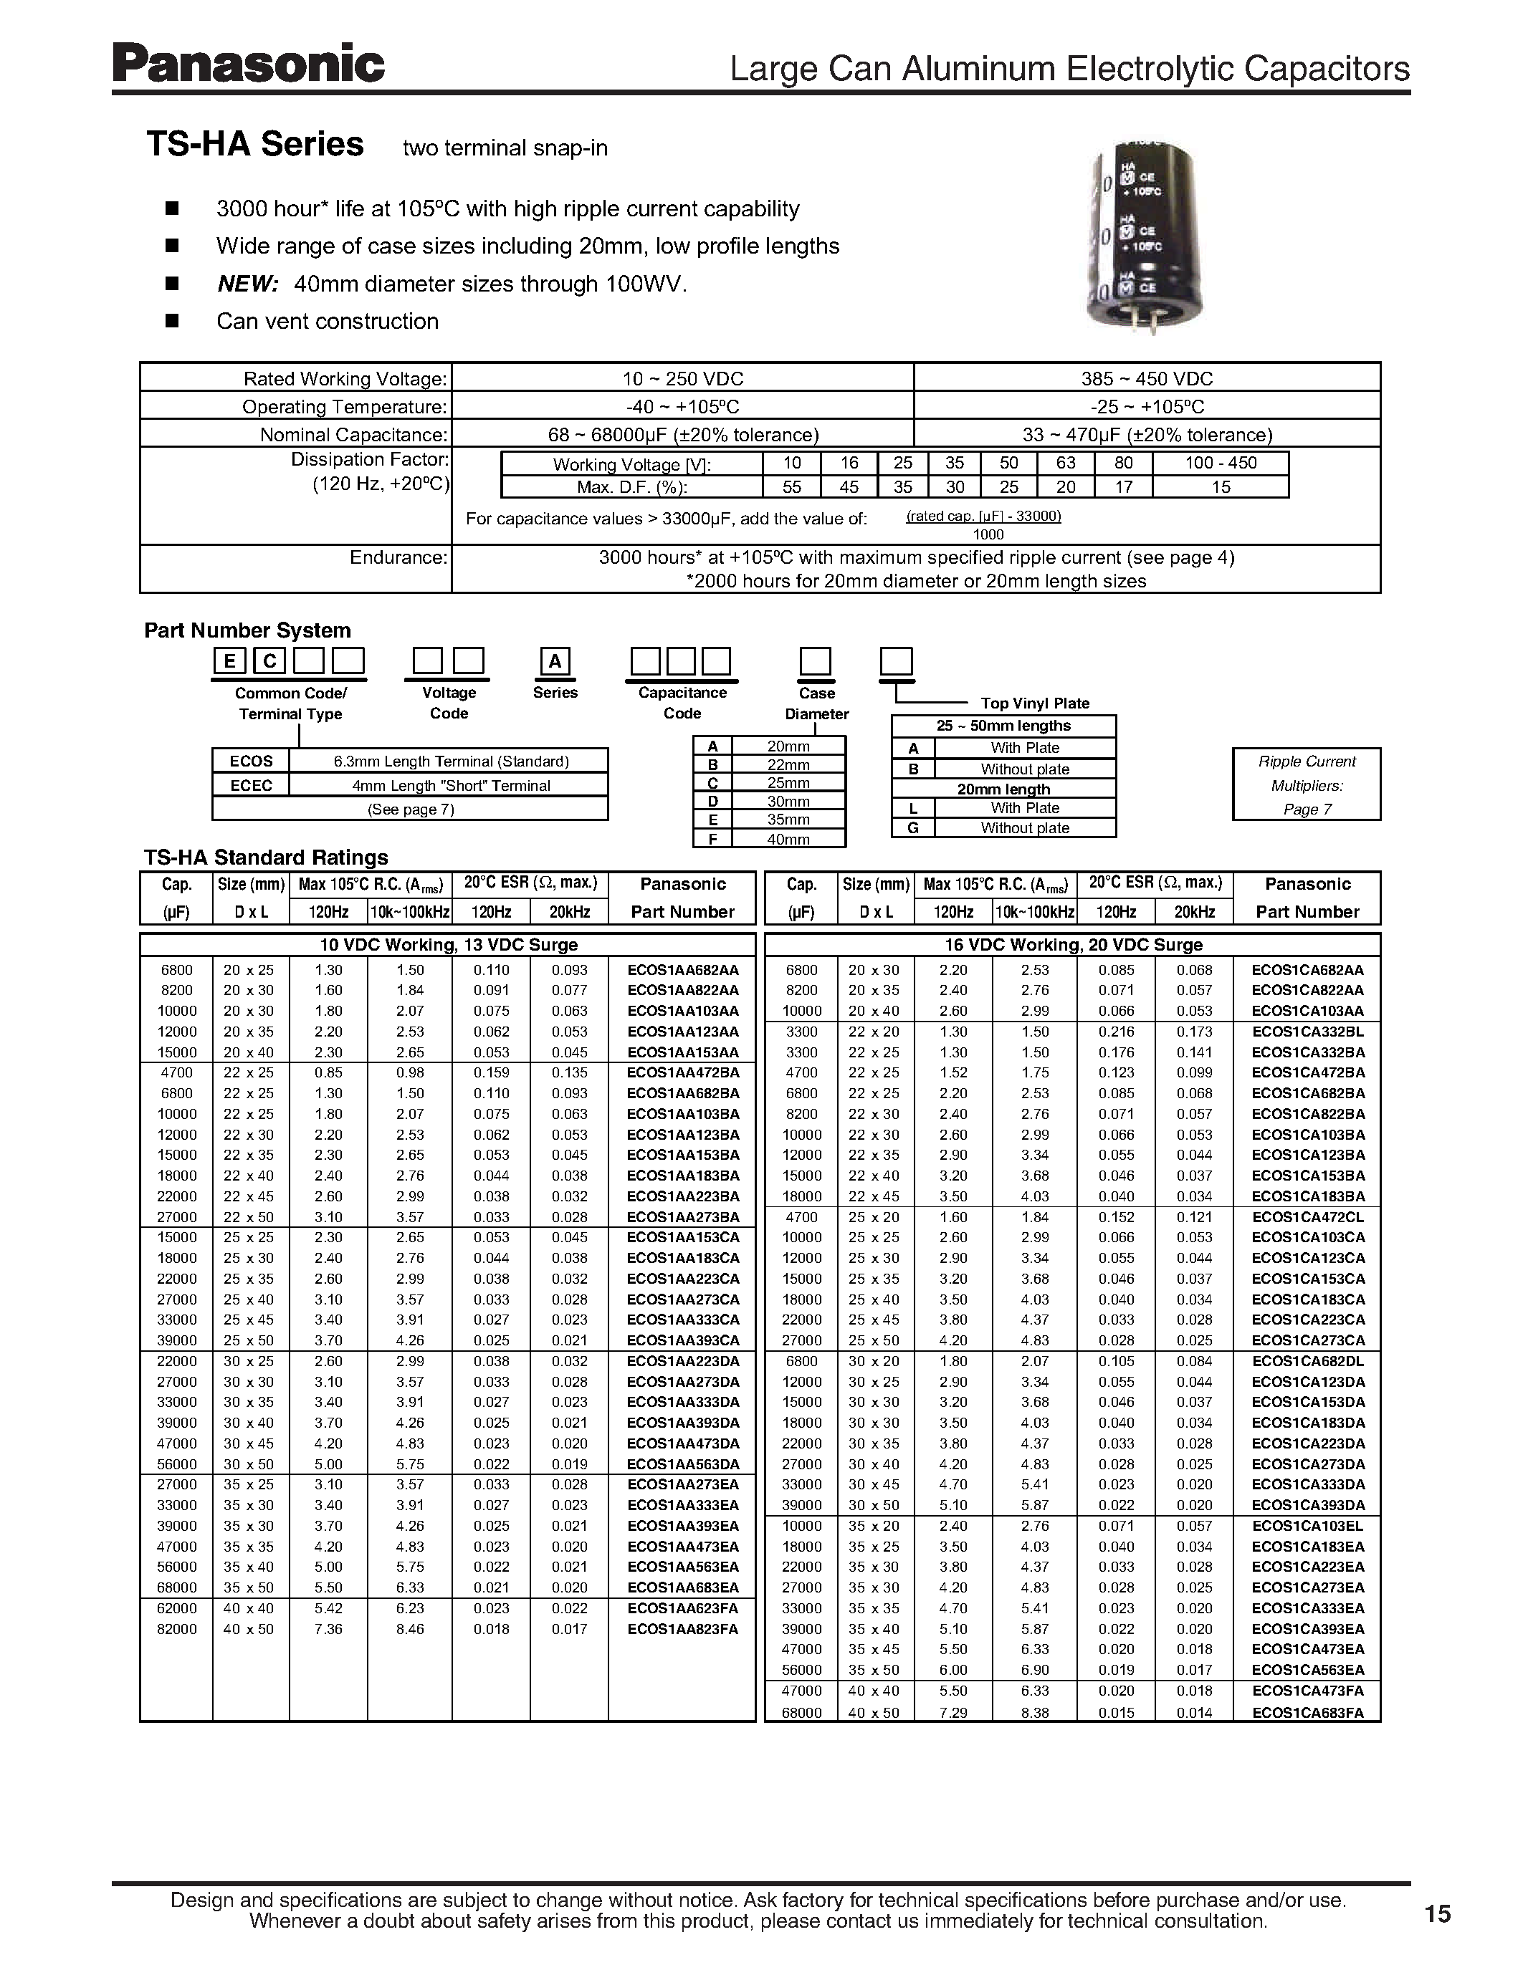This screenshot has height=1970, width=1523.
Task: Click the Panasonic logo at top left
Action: pyautogui.click(x=248, y=65)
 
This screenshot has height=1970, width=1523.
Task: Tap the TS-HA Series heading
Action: pyautogui.click(x=255, y=144)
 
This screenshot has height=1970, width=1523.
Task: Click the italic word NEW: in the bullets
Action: pyautogui.click(x=247, y=284)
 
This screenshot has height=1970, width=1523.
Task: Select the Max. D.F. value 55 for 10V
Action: pyautogui.click(x=791, y=487)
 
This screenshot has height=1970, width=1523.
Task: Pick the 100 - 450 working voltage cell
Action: pyautogui.click(x=1220, y=463)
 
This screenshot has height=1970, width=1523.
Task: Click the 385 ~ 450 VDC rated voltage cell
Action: pyautogui.click(x=1146, y=379)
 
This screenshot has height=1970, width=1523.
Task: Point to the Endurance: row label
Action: pyautogui.click(x=398, y=557)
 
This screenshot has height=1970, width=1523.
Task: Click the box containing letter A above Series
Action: pyautogui.click(x=555, y=661)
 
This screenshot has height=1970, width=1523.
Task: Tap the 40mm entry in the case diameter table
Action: pyautogui.click(x=788, y=839)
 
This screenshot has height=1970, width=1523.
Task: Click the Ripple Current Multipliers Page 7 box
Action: pyautogui.click(x=1306, y=784)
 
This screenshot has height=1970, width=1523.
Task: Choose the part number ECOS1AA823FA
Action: pyautogui.click(x=682, y=1629)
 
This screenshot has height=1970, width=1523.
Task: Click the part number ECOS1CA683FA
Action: pyautogui.click(x=1307, y=1712)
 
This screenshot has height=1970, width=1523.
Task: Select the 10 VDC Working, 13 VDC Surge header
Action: pyautogui.click(x=449, y=944)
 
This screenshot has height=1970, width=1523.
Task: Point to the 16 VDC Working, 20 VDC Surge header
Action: pyautogui.click(x=1073, y=944)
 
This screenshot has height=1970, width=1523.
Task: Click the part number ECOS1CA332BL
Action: pyautogui.click(x=1307, y=1032)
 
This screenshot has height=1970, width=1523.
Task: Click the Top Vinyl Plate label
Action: pyautogui.click(x=1034, y=703)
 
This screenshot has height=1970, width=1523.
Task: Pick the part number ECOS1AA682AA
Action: pyautogui.click(x=682, y=970)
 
